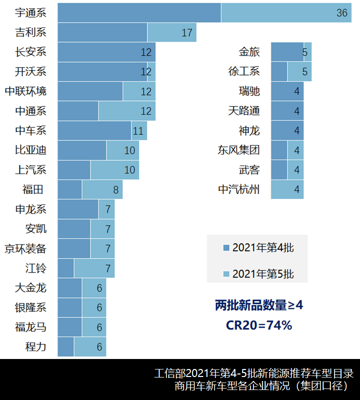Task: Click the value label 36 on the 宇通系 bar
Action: pyautogui.click(x=342, y=13)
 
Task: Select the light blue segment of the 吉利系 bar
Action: pyautogui.click(x=171, y=32)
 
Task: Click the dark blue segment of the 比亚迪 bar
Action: pyautogui.click(x=82, y=150)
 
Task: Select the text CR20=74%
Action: pyautogui.click(x=258, y=325)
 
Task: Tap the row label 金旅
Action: pyautogui.click(x=249, y=52)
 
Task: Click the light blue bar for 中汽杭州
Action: pyautogui.click(x=287, y=189)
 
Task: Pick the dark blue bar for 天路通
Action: pyautogui.click(x=287, y=111)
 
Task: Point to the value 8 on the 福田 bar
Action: pyautogui.click(x=115, y=189)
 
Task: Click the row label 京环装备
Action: pyautogui.click(x=25, y=248)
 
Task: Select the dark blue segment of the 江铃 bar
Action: pyautogui.click(x=66, y=268)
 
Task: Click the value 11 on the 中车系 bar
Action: pyautogui.click(x=138, y=131)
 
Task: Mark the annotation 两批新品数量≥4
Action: pyautogui.click(x=258, y=305)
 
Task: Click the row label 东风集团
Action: pyautogui.click(x=238, y=150)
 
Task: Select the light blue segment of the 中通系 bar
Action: pyautogui.click(x=126, y=111)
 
